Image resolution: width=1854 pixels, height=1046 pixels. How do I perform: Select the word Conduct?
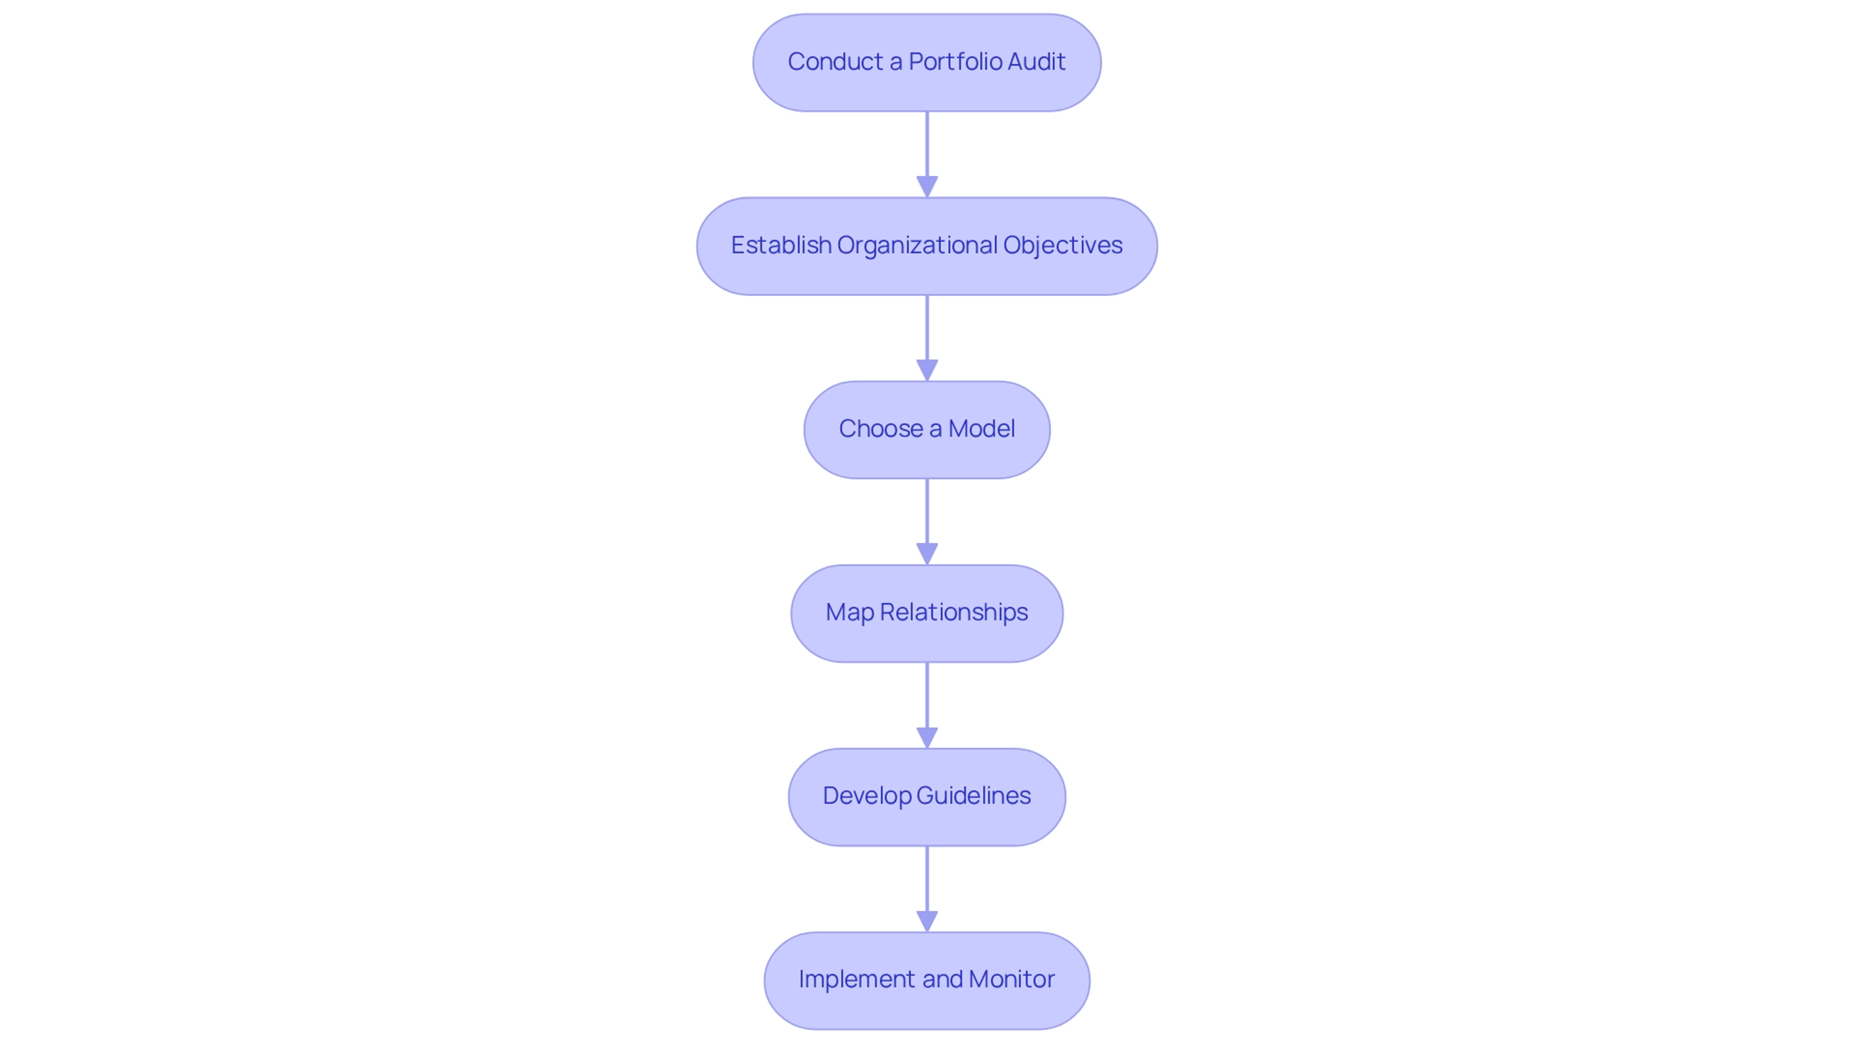pos(835,62)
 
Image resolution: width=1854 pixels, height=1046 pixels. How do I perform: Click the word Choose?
pos(880,429)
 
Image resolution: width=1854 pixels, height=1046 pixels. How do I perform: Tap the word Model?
pos(981,429)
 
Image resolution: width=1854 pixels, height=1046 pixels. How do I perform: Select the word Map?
pos(849,613)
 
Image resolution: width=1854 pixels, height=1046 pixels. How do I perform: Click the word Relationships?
pos(954,613)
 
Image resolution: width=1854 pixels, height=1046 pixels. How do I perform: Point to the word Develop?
pos(867,796)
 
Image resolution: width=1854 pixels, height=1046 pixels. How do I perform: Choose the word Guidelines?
pos(973,796)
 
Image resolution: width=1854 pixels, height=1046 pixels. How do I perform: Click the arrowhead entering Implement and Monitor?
pos(927,921)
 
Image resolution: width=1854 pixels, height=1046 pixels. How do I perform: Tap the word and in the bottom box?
pos(942,980)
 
